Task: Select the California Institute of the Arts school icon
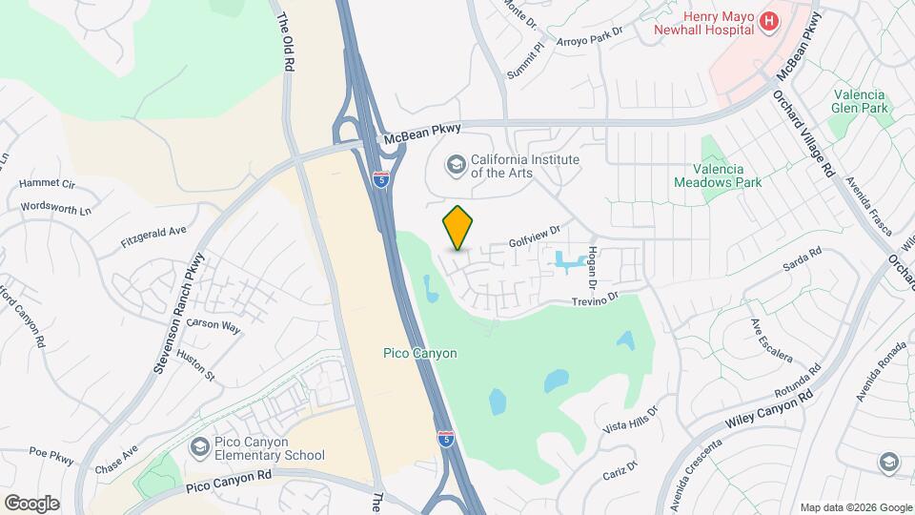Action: coord(455,165)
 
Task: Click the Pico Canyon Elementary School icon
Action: coord(199,446)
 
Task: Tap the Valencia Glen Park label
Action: coord(859,102)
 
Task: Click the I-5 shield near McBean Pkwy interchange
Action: coord(381,178)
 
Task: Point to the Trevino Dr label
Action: coord(595,299)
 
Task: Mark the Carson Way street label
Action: coord(213,324)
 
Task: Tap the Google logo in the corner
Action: coord(31,503)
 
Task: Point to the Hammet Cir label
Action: coord(47,183)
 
